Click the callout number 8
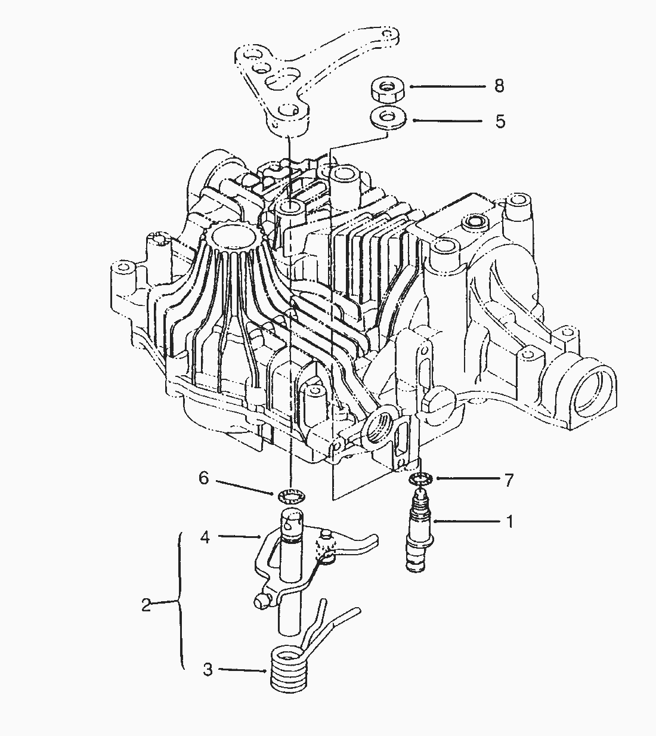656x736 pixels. tap(499, 86)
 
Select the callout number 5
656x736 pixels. tap(500, 121)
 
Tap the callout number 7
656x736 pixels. tap(509, 480)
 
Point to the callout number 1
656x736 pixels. tap(509, 521)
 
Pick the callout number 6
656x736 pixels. tap(204, 478)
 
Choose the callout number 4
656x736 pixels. tap(205, 537)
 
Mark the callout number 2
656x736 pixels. tap(146, 605)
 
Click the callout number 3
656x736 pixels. tap(208, 669)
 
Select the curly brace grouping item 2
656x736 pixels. tap(180, 602)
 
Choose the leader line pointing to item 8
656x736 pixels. tap(447, 86)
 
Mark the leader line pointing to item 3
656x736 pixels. tap(242, 670)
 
